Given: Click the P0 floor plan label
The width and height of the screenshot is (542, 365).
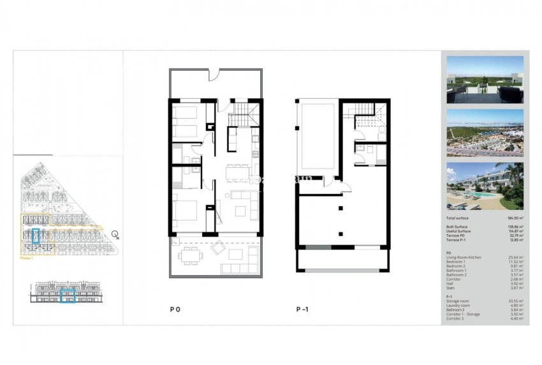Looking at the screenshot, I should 175,309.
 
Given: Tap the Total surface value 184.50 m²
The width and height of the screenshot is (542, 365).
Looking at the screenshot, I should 514,218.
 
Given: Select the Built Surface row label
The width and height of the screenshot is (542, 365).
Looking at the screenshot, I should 458,227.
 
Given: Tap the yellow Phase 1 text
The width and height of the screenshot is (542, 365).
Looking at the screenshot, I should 26,258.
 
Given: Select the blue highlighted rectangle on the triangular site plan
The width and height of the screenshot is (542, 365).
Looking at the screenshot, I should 36,237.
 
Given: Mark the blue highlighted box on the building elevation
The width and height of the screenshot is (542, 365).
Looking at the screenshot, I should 68,295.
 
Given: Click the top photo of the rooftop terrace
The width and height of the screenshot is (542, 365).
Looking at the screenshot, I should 485,79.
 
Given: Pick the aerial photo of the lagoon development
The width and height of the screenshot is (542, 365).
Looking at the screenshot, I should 485,133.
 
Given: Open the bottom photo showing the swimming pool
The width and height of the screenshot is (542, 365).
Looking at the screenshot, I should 485,186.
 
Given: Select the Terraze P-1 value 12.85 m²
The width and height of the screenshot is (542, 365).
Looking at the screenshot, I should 515,240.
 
